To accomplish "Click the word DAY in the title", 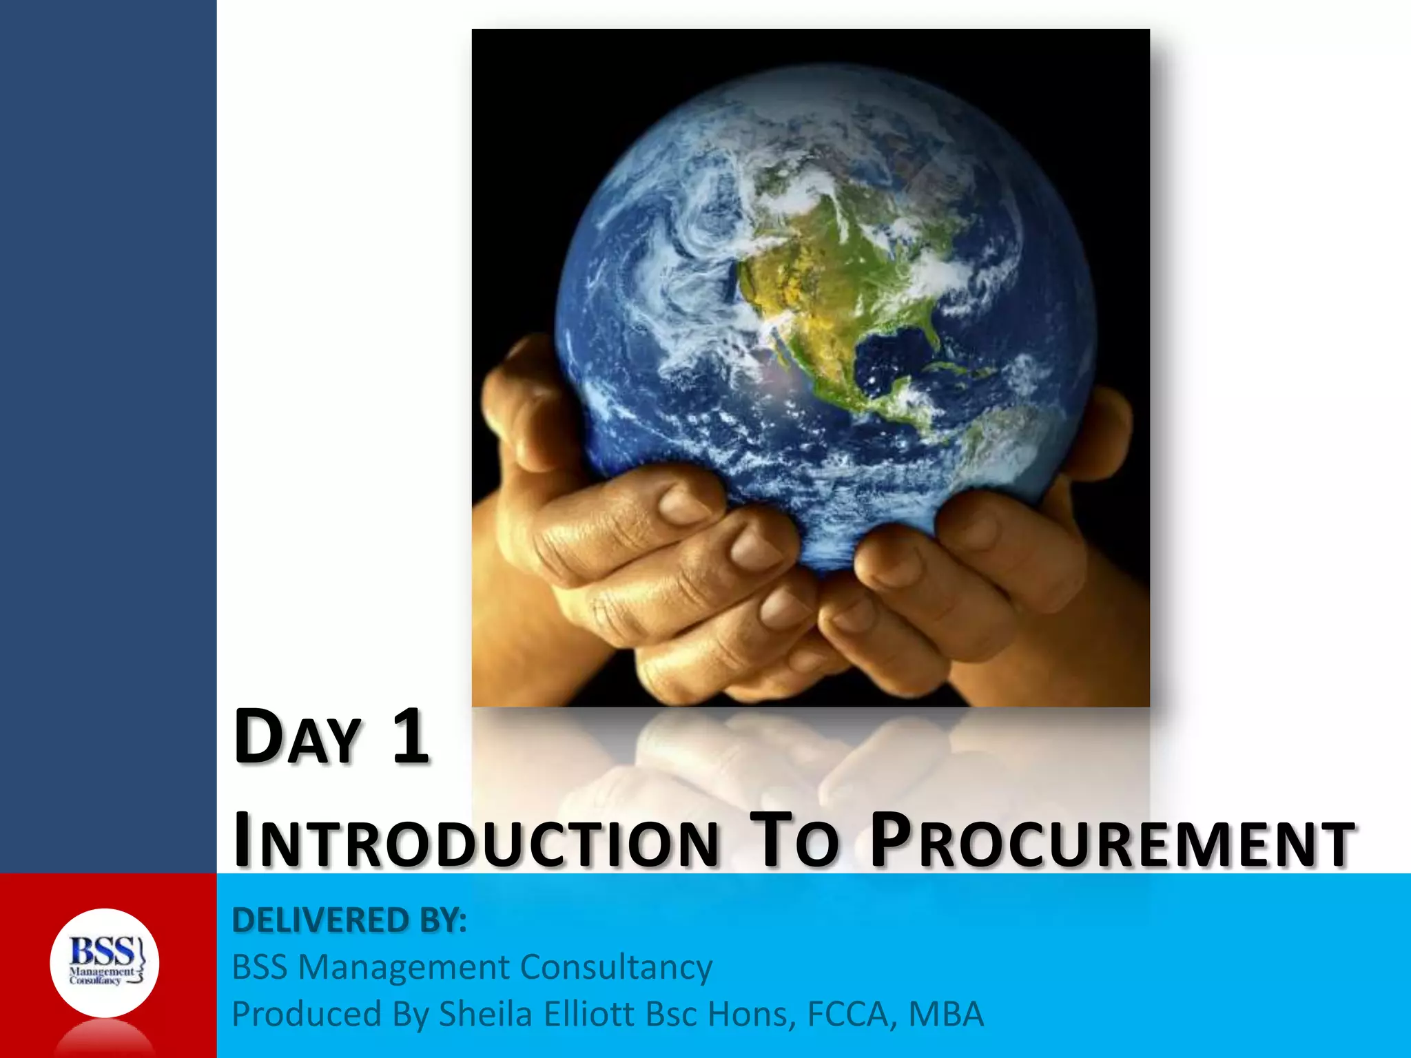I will click(298, 737).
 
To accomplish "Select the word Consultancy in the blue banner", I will click(616, 967).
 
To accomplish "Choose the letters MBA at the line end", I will click(946, 1014).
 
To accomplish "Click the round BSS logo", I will click(105, 963).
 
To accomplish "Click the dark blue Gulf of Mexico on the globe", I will click(896, 351).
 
